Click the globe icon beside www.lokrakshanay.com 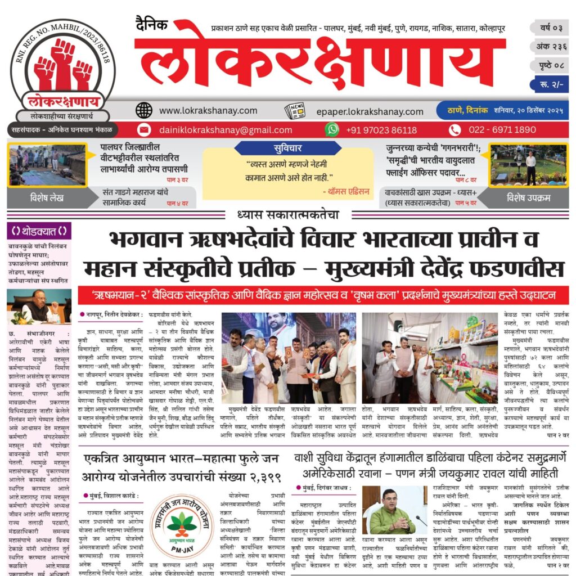pyautogui.click(x=144, y=110)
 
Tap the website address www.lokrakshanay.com pyautogui.click(x=208, y=111)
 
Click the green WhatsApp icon pyautogui.click(x=332, y=129)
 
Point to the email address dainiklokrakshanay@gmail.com pyautogui.click(x=226, y=130)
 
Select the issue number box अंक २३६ pyautogui.click(x=548, y=47)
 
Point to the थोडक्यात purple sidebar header pyautogui.click(x=39, y=231)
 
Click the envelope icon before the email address pyautogui.click(x=144, y=130)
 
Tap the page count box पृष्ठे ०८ pyautogui.click(x=548, y=65)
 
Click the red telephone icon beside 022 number pyautogui.click(x=454, y=130)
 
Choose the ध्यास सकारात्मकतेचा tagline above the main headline pyautogui.click(x=288, y=214)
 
